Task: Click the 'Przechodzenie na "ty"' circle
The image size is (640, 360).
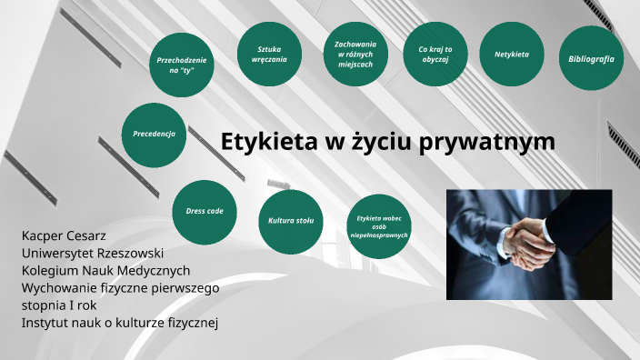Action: click(x=182, y=65)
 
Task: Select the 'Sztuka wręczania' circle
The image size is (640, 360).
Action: click(x=271, y=54)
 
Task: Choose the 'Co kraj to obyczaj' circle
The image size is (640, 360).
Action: click(x=435, y=55)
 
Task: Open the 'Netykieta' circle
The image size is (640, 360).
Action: click(x=512, y=55)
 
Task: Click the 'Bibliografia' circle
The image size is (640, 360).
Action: click(x=591, y=58)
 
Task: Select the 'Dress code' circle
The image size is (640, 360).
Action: click(x=205, y=211)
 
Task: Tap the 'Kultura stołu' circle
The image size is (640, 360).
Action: click(x=291, y=221)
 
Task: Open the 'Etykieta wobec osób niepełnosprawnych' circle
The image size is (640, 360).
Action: click(x=379, y=226)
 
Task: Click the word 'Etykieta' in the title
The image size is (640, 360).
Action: click(x=262, y=142)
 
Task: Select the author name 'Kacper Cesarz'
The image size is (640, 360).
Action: click(x=63, y=236)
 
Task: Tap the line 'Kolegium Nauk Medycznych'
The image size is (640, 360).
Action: click(x=105, y=271)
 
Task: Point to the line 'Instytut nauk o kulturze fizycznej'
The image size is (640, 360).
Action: click(x=120, y=322)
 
